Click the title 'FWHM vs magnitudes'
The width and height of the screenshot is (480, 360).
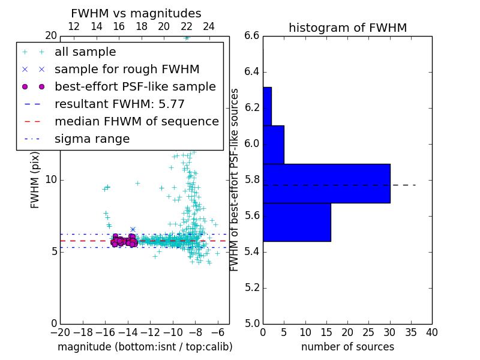pyautogui.click(x=136, y=13)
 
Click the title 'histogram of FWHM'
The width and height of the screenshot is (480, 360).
pyautogui.click(x=347, y=28)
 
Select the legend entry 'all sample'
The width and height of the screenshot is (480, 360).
pyautogui.click(x=85, y=52)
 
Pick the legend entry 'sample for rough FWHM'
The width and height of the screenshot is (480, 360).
pyautogui.click(x=127, y=70)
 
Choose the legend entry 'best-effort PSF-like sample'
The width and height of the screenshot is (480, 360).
pyautogui.click(x=135, y=87)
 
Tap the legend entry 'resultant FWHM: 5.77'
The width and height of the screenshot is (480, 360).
pyautogui.click(x=119, y=104)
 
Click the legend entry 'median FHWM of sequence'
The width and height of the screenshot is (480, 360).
pyautogui.click(x=136, y=122)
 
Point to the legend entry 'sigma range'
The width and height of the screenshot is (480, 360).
pyautogui.click(x=92, y=139)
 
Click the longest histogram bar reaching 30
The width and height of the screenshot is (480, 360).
pyautogui.click(x=326, y=183)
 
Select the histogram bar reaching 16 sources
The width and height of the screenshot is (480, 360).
pyautogui.click(x=296, y=222)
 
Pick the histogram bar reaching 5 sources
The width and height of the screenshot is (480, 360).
pyautogui.click(x=273, y=145)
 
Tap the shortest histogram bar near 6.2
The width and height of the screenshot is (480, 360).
pyautogui.click(x=267, y=106)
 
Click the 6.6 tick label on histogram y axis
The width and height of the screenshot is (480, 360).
pyautogui.click(x=252, y=36)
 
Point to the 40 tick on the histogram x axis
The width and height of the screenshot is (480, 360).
pyautogui.click(x=431, y=332)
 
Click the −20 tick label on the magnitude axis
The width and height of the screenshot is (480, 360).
pyautogui.click(x=60, y=332)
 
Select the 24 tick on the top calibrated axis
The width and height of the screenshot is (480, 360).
pyautogui.click(x=209, y=26)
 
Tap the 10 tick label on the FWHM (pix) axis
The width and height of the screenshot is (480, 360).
pyautogui.click(x=50, y=179)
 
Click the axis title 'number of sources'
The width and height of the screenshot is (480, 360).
pyautogui.click(x=347, y=347)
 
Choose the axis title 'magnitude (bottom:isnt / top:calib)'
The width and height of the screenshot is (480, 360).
pyautogui.click(x=145, y=347)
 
